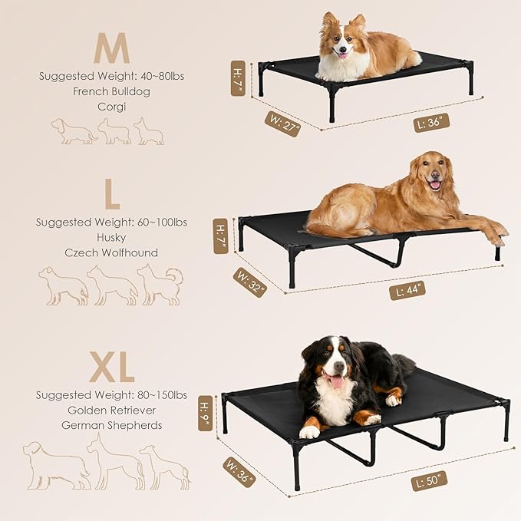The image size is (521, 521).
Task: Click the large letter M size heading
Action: point(111,48)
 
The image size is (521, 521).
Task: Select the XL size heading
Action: point(111,369)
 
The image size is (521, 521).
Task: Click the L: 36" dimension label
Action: point(432,121)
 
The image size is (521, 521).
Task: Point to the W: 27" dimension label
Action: point(282,123)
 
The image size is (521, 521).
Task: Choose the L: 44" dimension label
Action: point(407,290)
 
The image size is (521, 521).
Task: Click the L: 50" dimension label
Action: point(430,481)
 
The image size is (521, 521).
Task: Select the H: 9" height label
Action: point(206,413)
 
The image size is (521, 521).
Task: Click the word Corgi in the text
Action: point(112,107)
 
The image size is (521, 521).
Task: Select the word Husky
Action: point(112,237)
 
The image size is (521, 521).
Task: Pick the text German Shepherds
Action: point(112,425)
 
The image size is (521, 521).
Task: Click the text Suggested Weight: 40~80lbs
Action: point(112,76)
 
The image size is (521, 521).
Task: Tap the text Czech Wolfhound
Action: point(112,252)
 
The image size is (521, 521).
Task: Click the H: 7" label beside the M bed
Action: point(238,78)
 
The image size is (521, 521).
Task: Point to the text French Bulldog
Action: point(112,91)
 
